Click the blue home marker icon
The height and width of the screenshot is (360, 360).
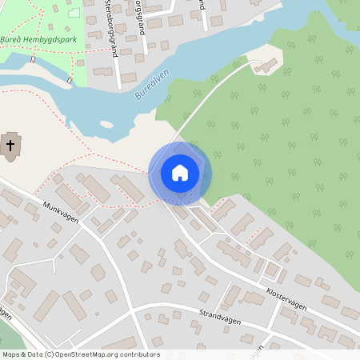180,173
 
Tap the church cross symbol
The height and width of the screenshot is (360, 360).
10,145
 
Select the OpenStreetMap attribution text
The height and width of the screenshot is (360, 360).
81,354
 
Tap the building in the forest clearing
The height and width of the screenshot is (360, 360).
266,65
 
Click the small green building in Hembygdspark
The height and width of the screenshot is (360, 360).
74,13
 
